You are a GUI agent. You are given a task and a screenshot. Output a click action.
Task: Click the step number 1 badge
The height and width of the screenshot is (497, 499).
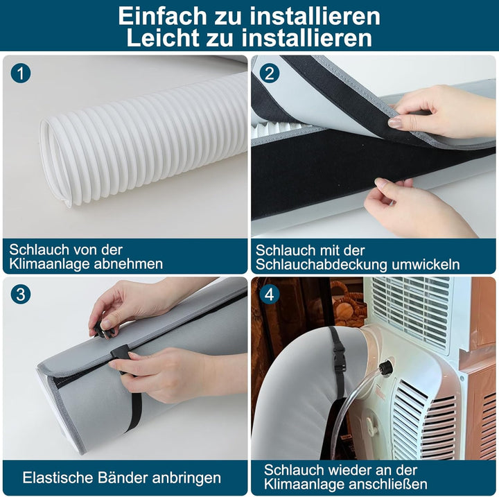(x=21, y=73)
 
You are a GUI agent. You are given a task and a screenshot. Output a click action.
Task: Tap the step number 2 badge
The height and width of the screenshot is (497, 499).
(x=269, y=73)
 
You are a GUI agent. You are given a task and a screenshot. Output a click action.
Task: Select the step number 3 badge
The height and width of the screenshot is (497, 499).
(x=21, y=294)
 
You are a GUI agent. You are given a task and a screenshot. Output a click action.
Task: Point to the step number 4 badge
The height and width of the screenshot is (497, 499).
(x=269, y=294)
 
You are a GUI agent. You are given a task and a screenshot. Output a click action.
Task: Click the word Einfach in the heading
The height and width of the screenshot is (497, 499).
(x=162, y=16)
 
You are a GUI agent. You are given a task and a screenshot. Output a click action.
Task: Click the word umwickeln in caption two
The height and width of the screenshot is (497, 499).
(x=426, y=265)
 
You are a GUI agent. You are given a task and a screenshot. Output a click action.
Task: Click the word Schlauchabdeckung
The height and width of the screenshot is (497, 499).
(x=322, y=265)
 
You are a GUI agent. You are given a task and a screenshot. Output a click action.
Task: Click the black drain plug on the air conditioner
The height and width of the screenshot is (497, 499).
(x=385, y=368)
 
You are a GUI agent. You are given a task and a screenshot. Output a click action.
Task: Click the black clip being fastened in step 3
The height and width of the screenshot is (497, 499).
(x=119, y=352)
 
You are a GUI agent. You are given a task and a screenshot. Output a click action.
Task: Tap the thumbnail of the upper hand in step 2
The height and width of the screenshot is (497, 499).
(x=395, y=123)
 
